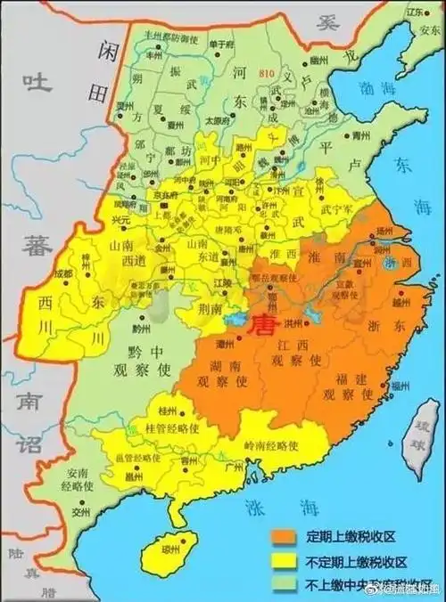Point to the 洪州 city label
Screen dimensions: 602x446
pos(290,322)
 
